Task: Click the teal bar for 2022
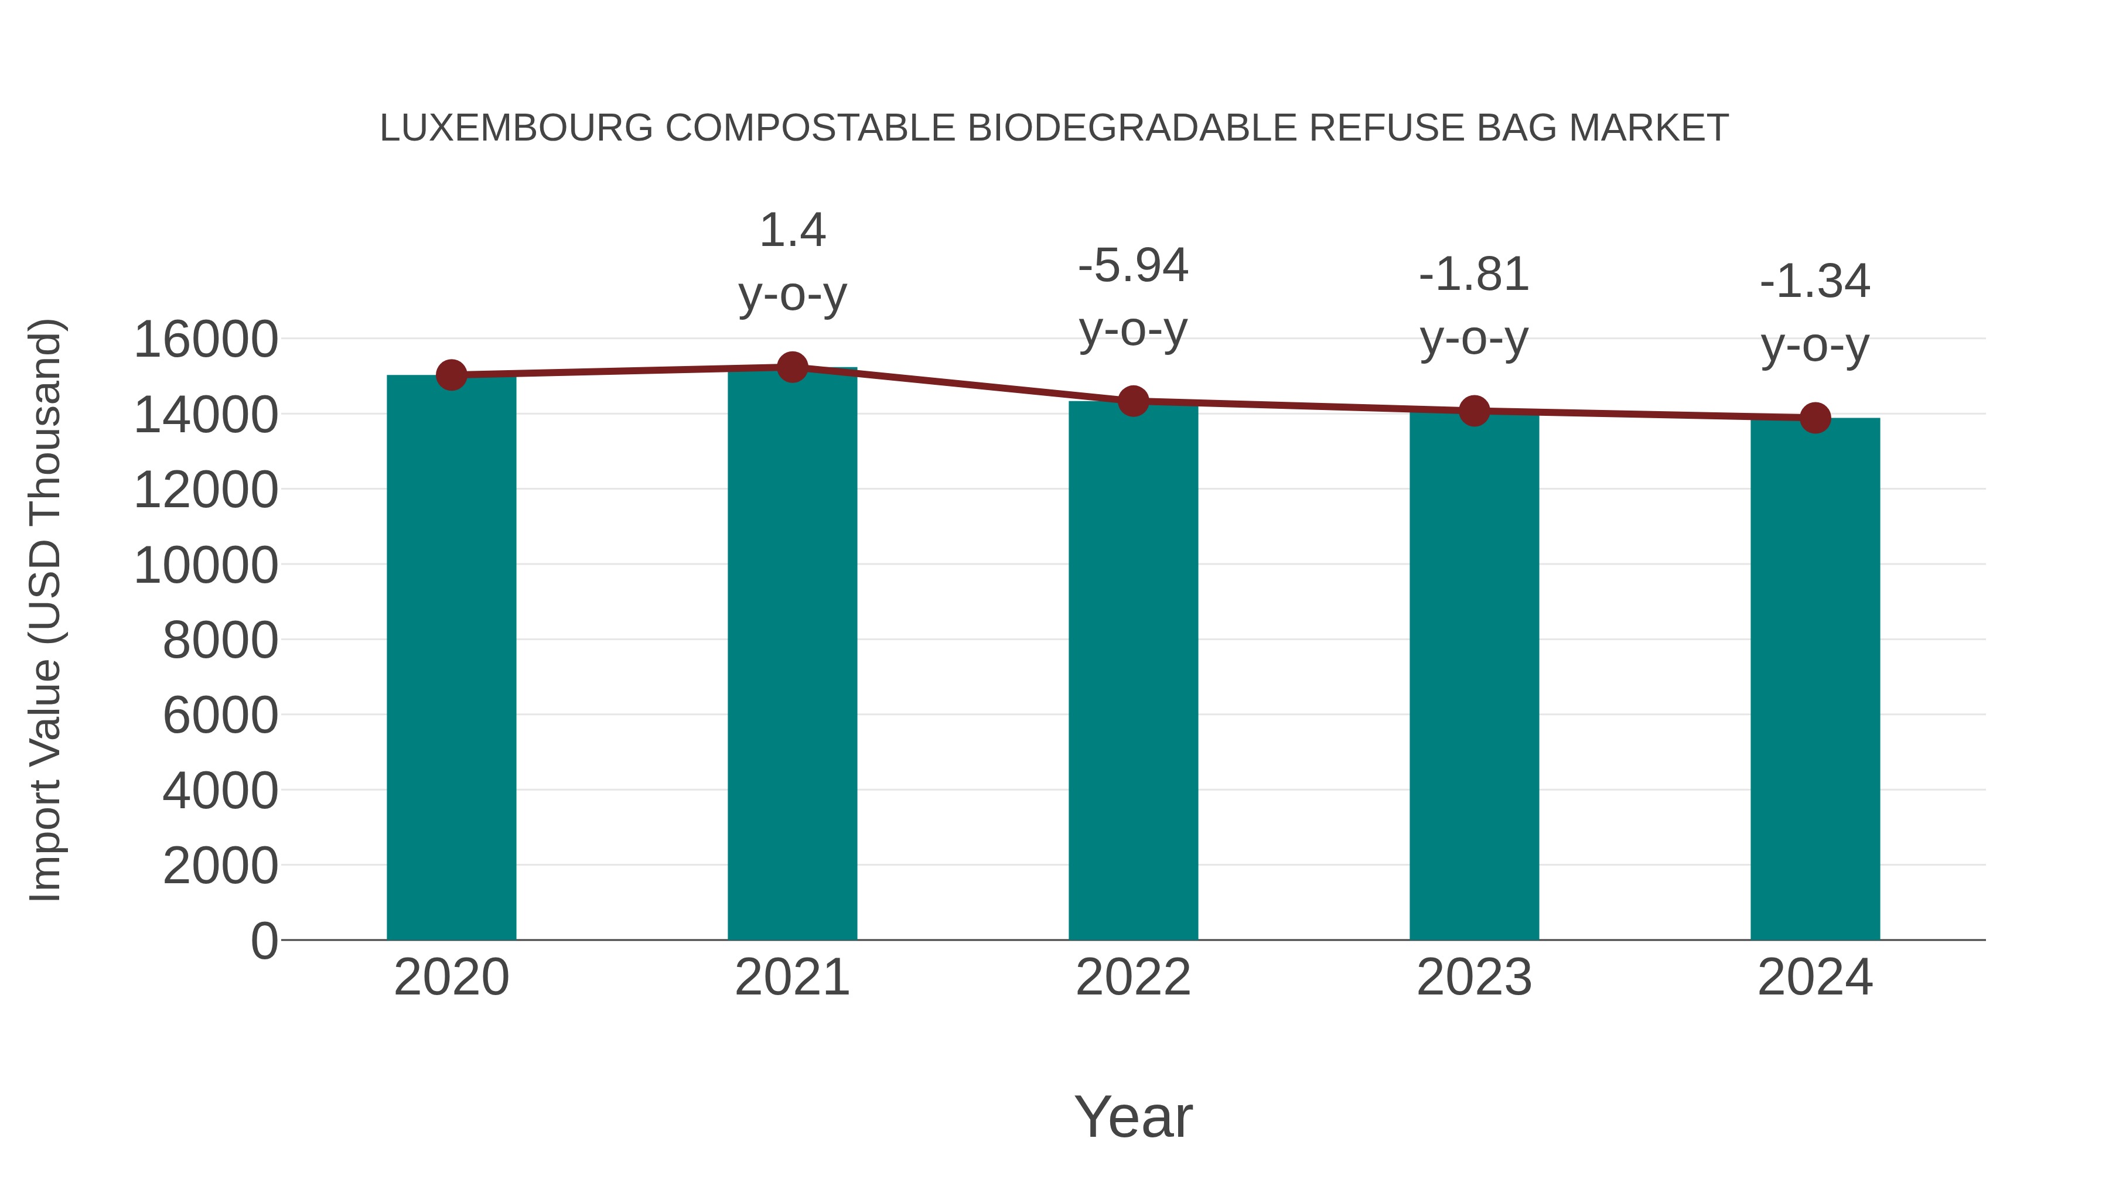(1133, 671)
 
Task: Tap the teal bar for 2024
(1815, 679)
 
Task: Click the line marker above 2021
(791, 367)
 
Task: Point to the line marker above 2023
(1474, 411)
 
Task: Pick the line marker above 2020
(451, 375)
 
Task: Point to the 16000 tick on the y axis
(206, 340)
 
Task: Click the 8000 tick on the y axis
(220, 640)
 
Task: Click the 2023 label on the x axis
(1474, 977)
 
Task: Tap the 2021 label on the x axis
(791, 977)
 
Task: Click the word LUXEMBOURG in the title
(517, 128)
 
